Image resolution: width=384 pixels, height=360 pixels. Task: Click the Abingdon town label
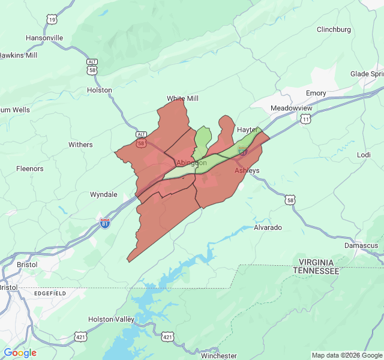coord(191,163)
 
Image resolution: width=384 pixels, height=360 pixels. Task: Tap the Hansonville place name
coord(44,38)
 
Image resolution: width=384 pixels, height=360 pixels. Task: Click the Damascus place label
coord(361,245)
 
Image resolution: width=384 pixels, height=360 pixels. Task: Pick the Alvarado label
coord(268,228)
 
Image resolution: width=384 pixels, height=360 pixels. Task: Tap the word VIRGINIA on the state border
coord(316,262)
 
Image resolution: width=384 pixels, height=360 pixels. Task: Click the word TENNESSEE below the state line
coord(316,271)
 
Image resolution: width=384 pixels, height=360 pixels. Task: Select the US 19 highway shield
coord(52,20)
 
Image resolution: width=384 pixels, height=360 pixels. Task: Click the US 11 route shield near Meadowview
coord(306,120)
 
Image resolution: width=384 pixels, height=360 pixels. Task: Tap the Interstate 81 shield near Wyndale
coord(105,224)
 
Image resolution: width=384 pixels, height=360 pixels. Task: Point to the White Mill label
coord(182,98)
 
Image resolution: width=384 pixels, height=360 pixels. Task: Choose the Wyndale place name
coord(103,194)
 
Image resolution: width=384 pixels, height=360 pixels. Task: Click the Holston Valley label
coord(111,319)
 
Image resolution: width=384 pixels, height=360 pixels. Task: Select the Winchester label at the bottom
coord(218,356)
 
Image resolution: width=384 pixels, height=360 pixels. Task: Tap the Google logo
coord(20,353)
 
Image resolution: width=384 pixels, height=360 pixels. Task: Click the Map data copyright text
coord(346,355)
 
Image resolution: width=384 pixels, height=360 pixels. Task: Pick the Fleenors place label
coord(30,169)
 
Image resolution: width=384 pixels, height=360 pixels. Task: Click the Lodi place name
coord(364,155)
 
